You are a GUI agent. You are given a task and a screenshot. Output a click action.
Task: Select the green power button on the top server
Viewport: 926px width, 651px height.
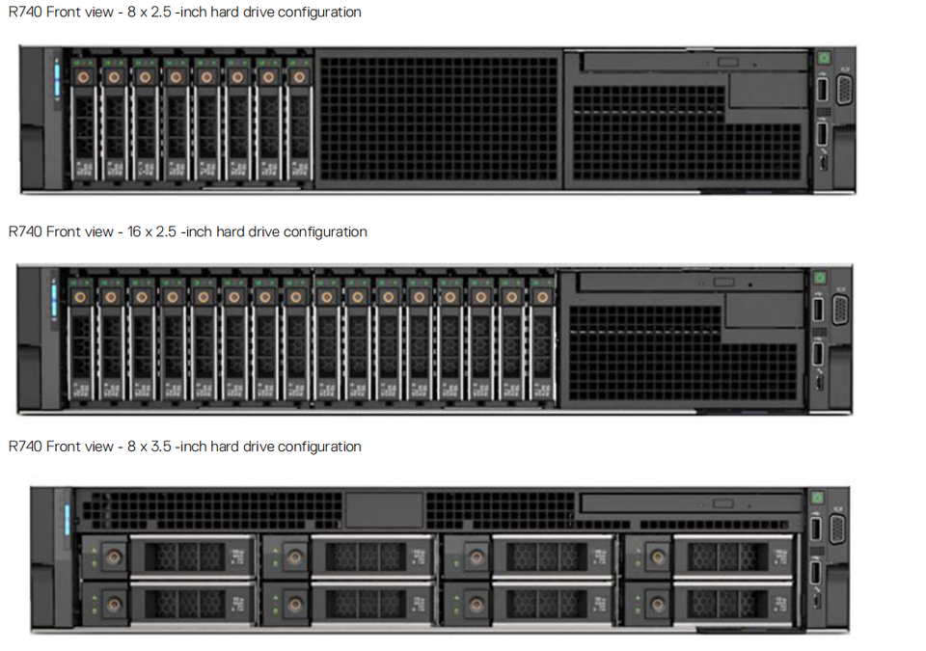tap(823, 58)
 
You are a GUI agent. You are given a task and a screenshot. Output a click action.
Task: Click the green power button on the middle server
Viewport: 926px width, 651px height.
tap(820, 278)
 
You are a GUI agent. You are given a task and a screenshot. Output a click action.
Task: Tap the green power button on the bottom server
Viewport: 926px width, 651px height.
tap(817, 498)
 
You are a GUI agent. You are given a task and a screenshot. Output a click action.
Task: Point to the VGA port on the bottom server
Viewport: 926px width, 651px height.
tap(837, 529)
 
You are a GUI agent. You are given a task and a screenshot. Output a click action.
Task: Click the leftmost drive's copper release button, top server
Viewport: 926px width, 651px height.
tap(83, 76)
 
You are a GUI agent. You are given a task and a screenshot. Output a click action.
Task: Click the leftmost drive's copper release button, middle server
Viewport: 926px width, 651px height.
tap(80, 296)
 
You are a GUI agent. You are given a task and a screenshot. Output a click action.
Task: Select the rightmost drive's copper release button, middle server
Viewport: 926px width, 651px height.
tap(542, 296)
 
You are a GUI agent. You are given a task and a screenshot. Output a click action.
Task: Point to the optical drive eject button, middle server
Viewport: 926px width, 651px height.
tap(723, 283)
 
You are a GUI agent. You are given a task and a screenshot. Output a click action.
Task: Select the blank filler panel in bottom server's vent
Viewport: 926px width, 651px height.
tap(384, 510)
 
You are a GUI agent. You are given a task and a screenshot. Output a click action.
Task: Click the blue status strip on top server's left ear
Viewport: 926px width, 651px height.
tap(56, 78)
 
